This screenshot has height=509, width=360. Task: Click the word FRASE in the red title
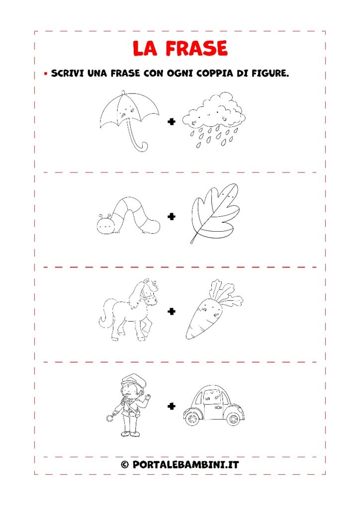coord(196,48)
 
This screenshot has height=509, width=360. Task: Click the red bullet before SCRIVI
coord(46,74)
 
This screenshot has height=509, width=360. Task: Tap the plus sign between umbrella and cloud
coord(172,122)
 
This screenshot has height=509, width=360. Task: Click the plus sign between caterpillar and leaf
coord(172,217)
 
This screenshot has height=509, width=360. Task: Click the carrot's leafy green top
coord(226,292)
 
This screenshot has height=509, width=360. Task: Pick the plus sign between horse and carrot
coord(172,311)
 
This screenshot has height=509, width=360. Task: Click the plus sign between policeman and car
coord(172,406)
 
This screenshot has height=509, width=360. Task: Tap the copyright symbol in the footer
coord(125,465)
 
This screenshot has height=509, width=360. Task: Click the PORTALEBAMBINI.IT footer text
coord(185,465)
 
